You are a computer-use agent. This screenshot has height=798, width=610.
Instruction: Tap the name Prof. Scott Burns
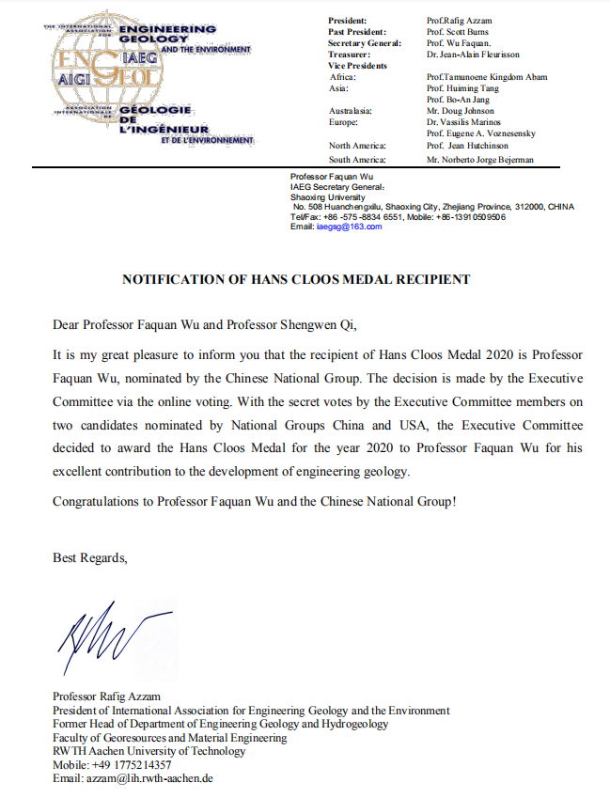click(457, 32)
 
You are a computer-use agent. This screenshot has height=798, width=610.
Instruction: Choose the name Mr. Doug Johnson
click(459, 111)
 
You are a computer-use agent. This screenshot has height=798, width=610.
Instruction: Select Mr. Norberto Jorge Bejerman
click(479, 160)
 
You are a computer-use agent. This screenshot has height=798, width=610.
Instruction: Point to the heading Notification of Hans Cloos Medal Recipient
click(296, 279)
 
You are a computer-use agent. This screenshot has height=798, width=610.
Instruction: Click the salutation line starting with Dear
click(206, 325)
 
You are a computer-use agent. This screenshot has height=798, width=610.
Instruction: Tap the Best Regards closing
click(89, 558)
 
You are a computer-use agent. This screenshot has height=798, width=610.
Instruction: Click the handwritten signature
click(104, 640)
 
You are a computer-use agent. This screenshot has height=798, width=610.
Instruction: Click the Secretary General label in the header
click(365, 43)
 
